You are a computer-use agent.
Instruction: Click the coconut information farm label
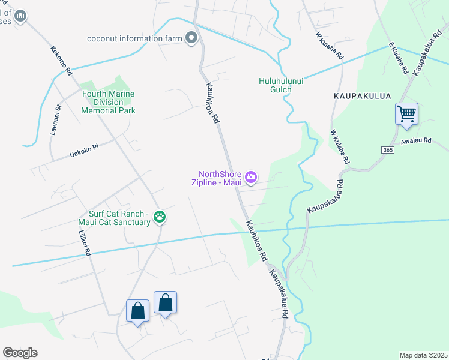134,38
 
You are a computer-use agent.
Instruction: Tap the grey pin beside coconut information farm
191,38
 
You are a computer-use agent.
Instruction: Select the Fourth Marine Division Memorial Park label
108,102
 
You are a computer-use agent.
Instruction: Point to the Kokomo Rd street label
61,61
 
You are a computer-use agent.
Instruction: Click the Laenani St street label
55,120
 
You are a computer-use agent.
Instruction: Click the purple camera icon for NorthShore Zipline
251,177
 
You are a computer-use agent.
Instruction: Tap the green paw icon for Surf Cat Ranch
160,217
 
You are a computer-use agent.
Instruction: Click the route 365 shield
387,149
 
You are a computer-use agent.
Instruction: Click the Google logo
20,353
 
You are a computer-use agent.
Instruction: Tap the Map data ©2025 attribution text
423,355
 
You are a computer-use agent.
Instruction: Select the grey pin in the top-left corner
20,16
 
